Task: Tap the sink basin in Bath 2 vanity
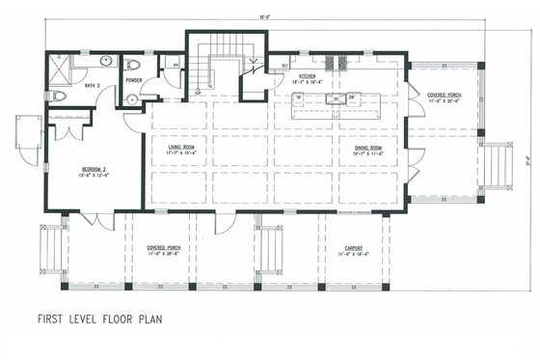(x=104, y=64)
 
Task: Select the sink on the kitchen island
(x=353, y=97)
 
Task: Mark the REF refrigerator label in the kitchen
(x=285, y=66)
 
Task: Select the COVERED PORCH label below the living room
(x=164, y=249)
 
